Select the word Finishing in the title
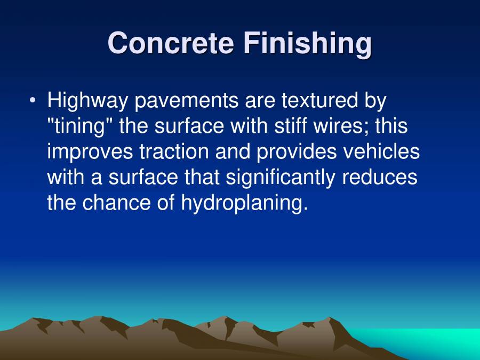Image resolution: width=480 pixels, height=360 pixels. pyautogui.click(x=308, y=44)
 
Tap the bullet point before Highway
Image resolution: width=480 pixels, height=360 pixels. pyautogui.click(x=34, y=100)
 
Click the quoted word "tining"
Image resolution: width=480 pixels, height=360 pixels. pyautogui.click(x=79, y=127)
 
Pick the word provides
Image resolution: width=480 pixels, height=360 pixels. pyautogui.click(x=297, y=152)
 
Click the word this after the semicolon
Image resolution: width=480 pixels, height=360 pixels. pyautogui.click(x=392, y=126)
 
